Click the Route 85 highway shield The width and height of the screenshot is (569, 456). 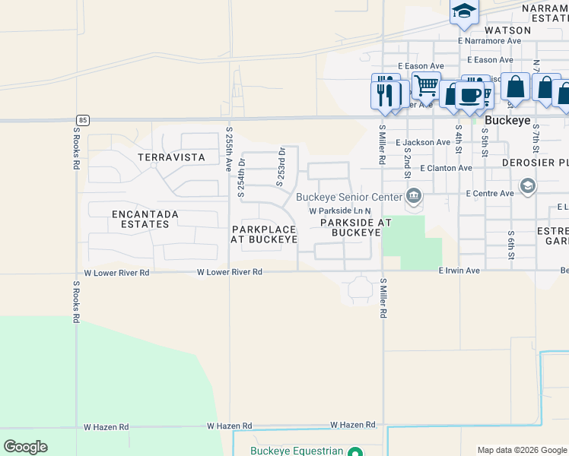(82, 119)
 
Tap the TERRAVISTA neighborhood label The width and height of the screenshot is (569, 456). (171, 157)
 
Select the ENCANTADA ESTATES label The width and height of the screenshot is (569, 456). (145, 220)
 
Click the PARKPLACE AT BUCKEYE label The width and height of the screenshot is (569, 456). (264, 234)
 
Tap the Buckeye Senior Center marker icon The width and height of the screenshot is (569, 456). (413, 197)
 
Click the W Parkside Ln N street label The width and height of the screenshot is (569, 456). (339, 211)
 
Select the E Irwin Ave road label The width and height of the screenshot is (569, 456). (459, 271)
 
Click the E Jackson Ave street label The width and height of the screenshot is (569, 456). (423, 142)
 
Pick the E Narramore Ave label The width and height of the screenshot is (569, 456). (489, 41)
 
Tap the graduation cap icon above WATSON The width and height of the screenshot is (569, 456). (463, 11)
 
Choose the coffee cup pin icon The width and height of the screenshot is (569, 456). (471, 95)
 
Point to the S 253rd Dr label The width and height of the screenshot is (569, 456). (280, 166)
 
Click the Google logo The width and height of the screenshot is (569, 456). (25, 447)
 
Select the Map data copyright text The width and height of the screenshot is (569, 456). (520, 450)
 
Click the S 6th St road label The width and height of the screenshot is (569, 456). (511, 245)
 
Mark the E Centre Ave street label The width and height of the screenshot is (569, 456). (486, 194)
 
